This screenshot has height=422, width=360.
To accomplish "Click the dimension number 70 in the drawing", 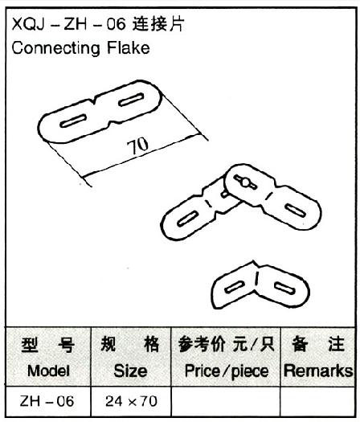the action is point(137,145).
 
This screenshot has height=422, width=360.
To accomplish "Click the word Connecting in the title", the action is point(56,49).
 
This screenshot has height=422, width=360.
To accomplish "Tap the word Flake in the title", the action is point(129,48).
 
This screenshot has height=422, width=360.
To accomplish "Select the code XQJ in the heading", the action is point(27,25).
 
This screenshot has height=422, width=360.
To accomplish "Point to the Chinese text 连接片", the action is point(158,24).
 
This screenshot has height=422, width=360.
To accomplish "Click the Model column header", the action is point(48,371).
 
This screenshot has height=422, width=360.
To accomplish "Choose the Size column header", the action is point(130,371).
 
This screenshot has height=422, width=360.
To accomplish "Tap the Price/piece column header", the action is point(227,371).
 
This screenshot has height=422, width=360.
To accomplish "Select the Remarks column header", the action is point(318,371).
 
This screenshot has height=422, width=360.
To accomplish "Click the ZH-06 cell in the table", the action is point(47,401).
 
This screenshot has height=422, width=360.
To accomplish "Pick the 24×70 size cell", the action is point(131,401).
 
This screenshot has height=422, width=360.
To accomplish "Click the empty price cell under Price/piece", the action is point(226,401).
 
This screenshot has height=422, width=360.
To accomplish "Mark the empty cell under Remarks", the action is point(317,401).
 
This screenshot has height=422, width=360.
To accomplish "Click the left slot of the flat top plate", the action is point(73,121).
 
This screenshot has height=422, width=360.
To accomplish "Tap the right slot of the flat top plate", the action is point(131,100).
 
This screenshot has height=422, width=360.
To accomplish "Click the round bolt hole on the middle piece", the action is point(245,182).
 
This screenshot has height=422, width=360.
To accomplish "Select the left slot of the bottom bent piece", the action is point(235,287).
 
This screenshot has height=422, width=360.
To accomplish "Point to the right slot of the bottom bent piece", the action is point(284,288).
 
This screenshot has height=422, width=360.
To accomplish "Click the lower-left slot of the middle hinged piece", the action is point(188,219).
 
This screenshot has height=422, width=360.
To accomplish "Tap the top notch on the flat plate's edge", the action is point(93,100).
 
